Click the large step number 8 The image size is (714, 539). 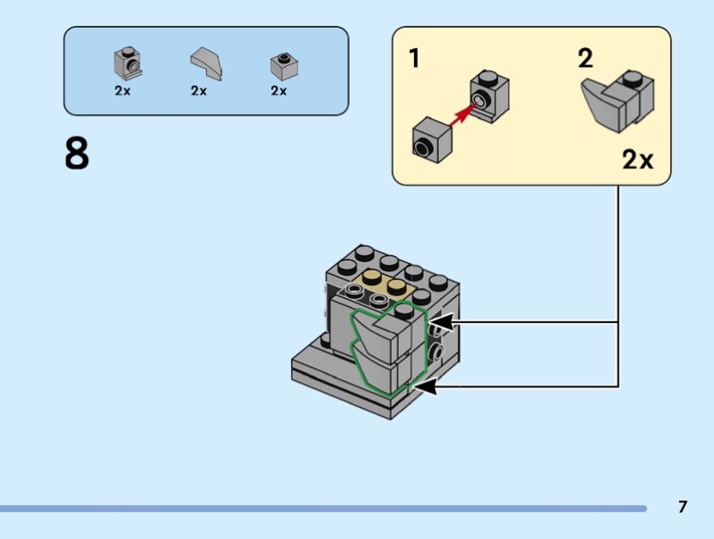(77, 153)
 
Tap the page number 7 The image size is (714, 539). (683, 507)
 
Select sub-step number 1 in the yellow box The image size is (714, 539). (414, 60)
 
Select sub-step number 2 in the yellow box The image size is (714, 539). (585, 60)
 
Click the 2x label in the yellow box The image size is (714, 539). (637, 160)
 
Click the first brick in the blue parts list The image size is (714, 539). (128, 62)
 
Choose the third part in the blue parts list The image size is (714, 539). (283, 65)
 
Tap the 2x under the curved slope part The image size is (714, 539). (198, 91)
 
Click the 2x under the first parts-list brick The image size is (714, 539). (122, 91)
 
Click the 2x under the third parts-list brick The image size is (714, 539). (278, 91)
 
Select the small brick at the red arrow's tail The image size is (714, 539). (430, 140)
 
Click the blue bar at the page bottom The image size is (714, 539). (321, 509)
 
